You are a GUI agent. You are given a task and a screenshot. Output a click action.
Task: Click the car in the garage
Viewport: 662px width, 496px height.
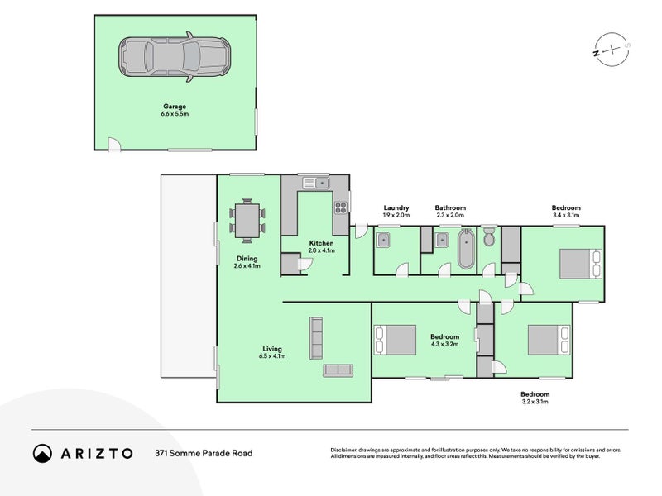point(175,56)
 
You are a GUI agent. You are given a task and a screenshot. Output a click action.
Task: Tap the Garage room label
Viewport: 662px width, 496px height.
point(175,107)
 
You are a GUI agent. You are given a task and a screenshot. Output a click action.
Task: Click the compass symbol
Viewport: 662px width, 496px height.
point(612,50)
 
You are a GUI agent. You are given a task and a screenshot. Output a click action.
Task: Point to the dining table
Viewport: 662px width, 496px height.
point(247,220)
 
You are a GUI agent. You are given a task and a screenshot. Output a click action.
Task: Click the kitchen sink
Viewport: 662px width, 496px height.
point(316,183)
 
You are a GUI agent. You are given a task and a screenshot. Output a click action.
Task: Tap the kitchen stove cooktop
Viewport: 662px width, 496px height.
point(341,207)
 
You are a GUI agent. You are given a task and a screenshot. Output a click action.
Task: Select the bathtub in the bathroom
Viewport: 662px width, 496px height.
point(466,249)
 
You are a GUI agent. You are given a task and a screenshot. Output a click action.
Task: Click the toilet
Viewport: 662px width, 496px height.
point(489,236)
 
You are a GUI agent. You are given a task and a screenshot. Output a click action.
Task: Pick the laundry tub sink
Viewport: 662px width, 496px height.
point(384,240)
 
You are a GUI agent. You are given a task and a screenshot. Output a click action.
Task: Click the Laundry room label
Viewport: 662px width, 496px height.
point(396,207)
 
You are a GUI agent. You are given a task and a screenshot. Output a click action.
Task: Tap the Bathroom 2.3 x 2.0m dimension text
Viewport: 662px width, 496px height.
point(450,215)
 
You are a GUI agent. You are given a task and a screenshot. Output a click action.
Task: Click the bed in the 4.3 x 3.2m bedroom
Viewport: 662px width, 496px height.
point(396,340)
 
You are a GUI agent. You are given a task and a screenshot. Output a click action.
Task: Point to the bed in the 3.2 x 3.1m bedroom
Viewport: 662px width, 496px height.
point(549,340)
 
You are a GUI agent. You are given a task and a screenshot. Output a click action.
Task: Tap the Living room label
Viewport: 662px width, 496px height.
point(272,349)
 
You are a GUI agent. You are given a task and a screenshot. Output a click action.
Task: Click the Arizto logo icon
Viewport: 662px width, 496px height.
point(42,453)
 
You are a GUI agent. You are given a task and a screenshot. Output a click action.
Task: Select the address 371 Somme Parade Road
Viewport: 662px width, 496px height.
point(204,453)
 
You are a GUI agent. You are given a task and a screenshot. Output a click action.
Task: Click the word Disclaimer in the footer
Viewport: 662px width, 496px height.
point(343,450)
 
